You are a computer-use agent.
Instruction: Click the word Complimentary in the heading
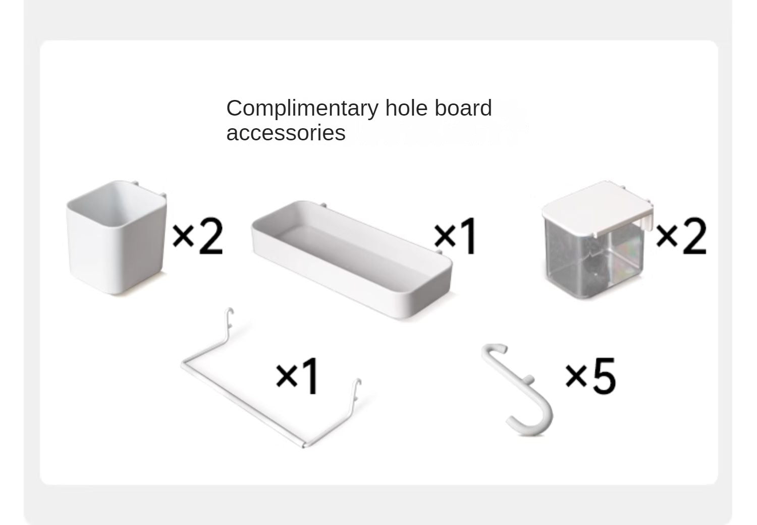302,109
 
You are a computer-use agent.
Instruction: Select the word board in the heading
463,108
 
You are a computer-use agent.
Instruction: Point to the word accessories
286,133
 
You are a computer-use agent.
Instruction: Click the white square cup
116,238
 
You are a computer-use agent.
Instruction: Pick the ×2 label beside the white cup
198,236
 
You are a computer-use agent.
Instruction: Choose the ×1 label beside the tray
455,236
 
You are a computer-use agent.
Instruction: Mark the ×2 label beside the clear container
681,236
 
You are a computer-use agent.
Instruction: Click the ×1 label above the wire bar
297,376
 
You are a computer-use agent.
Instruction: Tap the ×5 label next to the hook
590,376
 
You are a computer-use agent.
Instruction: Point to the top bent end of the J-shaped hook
494,349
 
